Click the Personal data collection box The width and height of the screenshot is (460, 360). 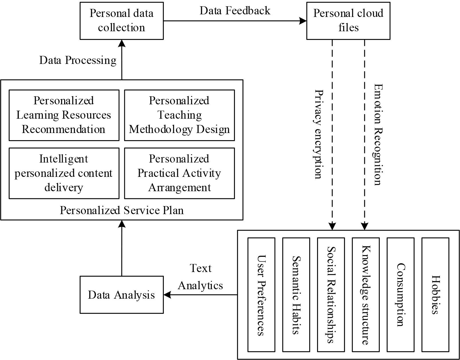121,21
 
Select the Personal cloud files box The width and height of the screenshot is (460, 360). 348,21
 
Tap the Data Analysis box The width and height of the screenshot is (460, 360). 121,295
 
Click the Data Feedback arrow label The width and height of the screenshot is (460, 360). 235,11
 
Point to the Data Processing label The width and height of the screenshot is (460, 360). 78,60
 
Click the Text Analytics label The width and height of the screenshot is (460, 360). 200,277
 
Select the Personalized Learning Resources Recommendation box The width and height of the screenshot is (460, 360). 64,115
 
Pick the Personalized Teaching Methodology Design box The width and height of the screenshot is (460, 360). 179,115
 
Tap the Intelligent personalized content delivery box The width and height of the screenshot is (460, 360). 64,173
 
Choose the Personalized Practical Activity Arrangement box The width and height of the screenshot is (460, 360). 179,173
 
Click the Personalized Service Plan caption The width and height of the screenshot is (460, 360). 121,210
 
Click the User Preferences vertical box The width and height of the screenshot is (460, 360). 261,295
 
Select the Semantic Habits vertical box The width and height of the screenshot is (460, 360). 296,295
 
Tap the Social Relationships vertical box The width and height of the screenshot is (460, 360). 331,295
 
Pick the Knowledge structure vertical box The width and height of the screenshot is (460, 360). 365,295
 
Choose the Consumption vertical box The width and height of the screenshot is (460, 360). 400,295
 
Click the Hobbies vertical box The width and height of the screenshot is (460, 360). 435,295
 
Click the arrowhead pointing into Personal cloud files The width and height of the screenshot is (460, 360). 303,21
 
